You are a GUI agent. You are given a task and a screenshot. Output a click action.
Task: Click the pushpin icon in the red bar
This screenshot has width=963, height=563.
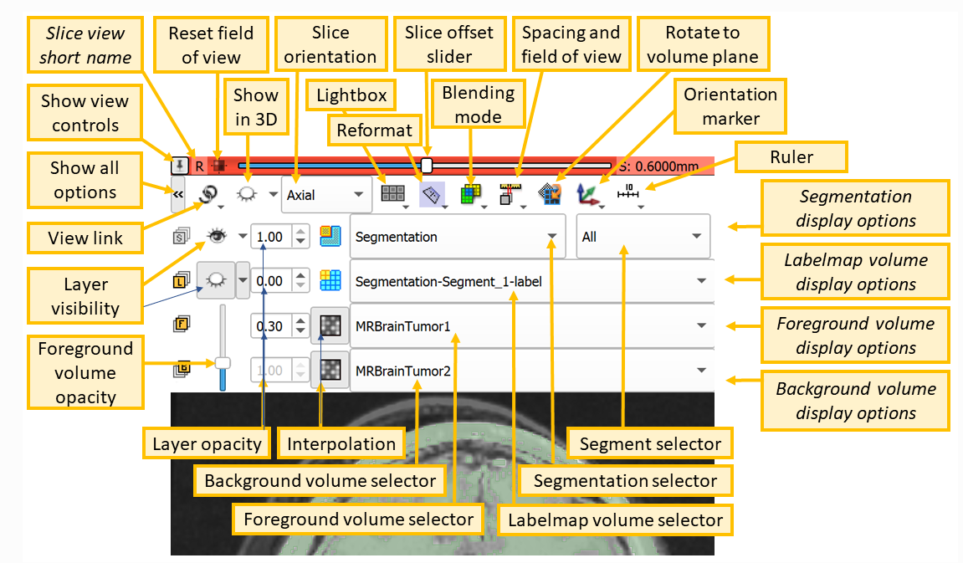pyautogui.click(x=179, y=165)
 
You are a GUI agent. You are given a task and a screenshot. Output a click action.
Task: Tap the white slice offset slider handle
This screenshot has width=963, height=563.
pyautogui.click(x=427, y=165)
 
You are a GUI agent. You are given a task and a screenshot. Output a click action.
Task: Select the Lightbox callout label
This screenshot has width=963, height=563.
pyautogui.click(x=351, y=95)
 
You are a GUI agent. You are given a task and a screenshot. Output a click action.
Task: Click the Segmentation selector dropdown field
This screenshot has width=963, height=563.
pyautogui.click(x=457, y=237)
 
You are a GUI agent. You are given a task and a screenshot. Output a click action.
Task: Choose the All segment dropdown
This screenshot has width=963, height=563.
pyautogui.click(x=643, y=237)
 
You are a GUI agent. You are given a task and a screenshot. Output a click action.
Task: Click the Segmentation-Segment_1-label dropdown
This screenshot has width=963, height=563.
pyautogui.click(x=530, y=282)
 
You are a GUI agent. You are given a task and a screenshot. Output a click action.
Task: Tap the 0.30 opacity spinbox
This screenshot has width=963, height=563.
pyautogui.click(x=269, y=326)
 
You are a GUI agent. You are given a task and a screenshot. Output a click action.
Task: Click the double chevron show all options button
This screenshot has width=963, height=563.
pyautogui.click(x=177, y=197)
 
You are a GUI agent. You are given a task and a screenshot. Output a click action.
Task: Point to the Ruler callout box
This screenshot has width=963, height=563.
pyautogui.click(x=791, y=156)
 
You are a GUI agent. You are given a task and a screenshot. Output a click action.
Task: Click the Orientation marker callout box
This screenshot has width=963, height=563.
pyautogui.click(x=730, y=106)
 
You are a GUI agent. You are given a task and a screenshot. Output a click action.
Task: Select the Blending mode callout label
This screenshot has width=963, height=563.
pyautogui.click(x=478, y=105)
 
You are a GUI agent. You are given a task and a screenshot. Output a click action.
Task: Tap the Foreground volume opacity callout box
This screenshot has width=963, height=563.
pyautogui.click(x=85, y=372)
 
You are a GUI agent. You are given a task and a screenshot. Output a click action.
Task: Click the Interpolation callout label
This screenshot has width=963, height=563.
pyautogui.click(x=341, y=443)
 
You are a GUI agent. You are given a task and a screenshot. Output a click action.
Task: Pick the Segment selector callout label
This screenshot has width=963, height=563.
pyautogui.click(x=650, y=443)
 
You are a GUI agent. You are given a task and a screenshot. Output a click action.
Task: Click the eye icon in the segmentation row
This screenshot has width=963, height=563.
pyautogui.click(x=217, y=237)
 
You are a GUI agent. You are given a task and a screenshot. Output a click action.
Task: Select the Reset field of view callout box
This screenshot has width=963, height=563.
pyautogui.click(x=211, y=45)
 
